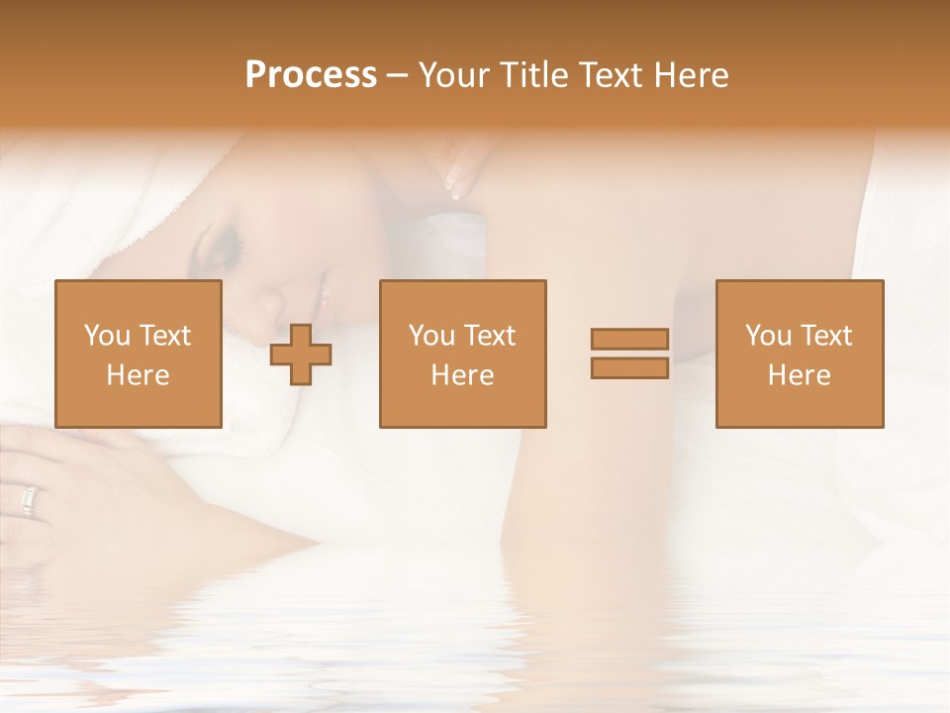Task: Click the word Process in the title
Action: coord(311,75)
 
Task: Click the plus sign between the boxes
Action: coord(301,354)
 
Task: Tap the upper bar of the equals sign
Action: coord(629,339)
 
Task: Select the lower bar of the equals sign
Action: coord(629,367)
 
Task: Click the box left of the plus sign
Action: coord(139,354)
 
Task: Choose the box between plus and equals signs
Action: coord(462,354)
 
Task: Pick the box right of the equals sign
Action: coord(799,354)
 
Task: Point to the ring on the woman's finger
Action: coord(28,502)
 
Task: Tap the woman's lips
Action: coord(320,294)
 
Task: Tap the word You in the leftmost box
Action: coord(106,336)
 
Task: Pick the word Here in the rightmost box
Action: coord(799,375)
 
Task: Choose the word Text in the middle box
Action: coord(490,336)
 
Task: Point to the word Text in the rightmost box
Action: coord(826,336)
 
